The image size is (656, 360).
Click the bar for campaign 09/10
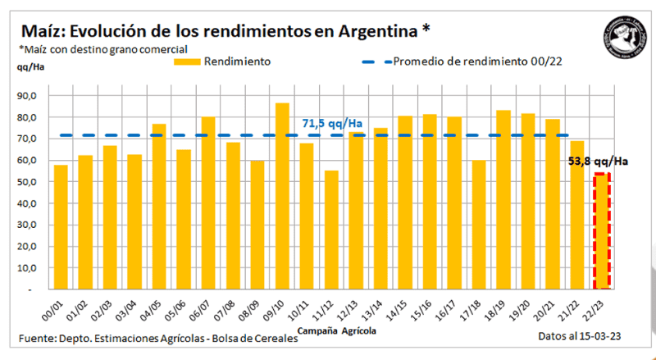pos(281,197)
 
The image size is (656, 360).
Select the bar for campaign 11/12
pos(330,230)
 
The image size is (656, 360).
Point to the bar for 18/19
pos(503,200)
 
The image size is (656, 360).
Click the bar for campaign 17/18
pos(479,225)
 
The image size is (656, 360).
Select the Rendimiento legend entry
pos(237,62)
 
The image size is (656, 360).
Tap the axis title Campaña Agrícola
pos(337,330)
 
